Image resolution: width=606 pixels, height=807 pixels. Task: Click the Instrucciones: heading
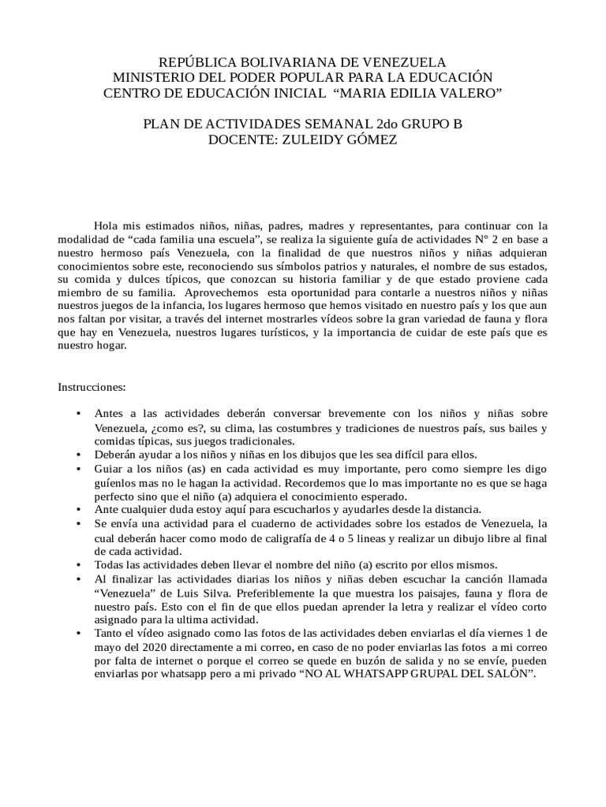point(92,387)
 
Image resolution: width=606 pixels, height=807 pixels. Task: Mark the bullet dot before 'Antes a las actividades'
point(77,414)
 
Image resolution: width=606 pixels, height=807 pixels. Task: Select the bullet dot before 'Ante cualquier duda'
point(77,510)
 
